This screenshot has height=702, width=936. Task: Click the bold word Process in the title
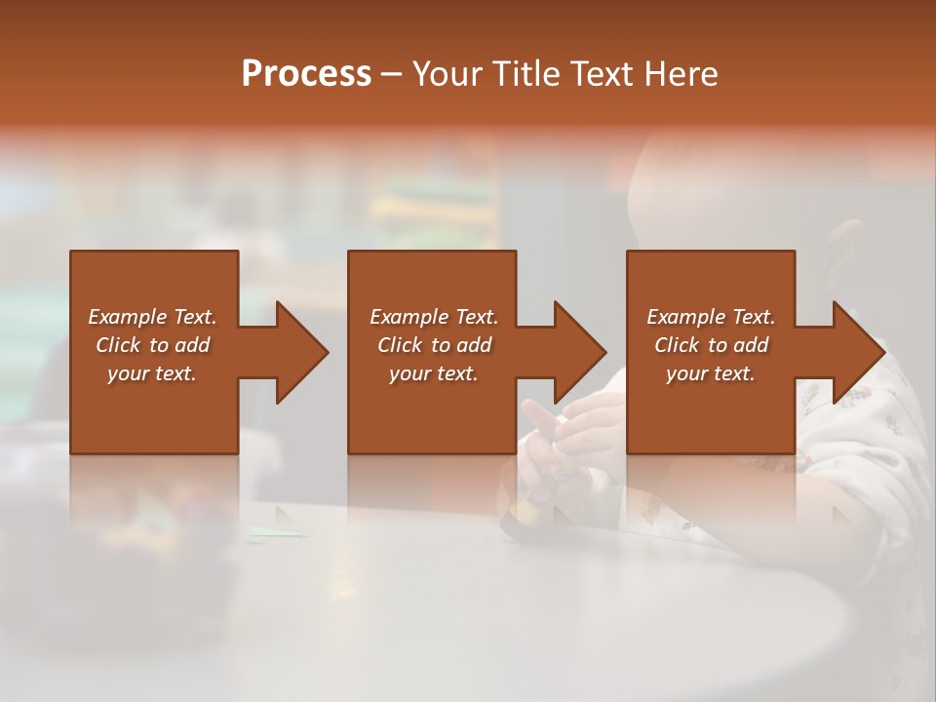306,73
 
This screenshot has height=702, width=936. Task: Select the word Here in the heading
681,73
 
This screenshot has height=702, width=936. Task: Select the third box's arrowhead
857,352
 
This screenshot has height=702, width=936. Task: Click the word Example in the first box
127,317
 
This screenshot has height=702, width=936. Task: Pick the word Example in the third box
685,317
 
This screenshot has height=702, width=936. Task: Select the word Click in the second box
399,345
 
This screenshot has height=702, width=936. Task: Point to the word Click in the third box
676,345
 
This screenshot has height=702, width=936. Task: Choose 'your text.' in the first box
152,373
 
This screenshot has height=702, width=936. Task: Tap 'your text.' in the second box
433,373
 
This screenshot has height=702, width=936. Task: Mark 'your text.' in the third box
710,373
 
